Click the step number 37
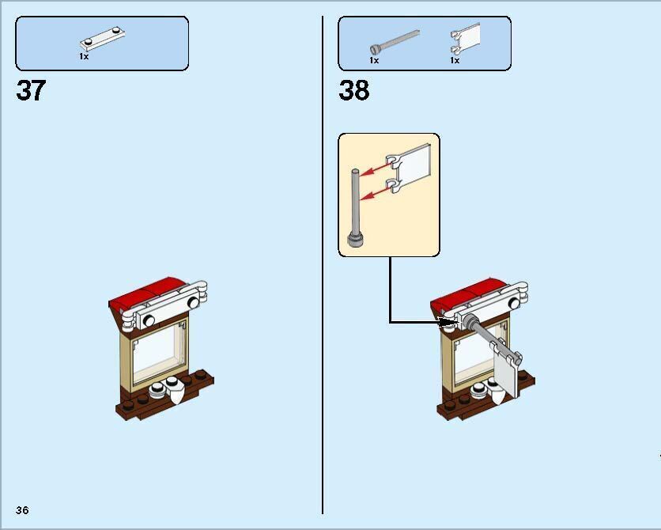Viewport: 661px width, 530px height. point(31,91)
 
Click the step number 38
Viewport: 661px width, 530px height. point(353,91)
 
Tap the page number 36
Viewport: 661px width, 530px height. point(22,510)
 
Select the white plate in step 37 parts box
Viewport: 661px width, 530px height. point(102,38)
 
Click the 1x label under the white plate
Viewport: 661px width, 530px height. point(84,57)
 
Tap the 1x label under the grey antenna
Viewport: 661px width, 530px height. point(374,60)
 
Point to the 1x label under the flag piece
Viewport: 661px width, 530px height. point(455,60)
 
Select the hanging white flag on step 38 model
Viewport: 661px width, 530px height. point(507,372)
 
